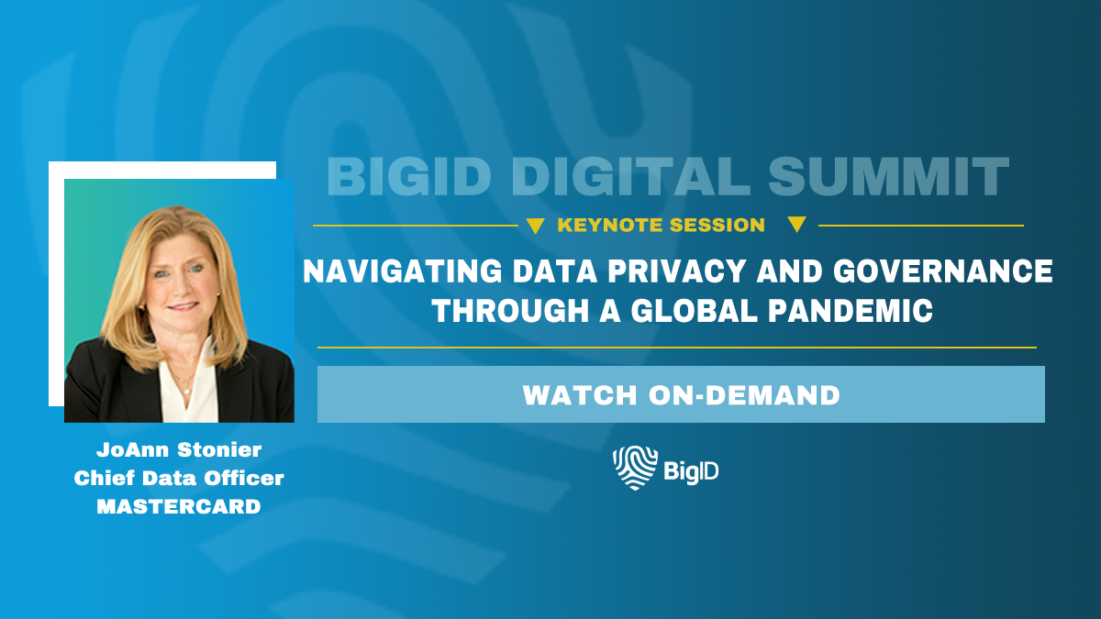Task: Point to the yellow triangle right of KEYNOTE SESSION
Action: pyautogui.click(x=796, y=225)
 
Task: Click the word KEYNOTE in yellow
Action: pyautogui.click(x=612, y=225)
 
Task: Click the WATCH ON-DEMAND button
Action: pyautogui.click(x=681, y=395)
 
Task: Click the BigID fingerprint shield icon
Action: pyautogui.click(x=634, y=468)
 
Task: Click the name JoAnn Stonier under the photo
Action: pyautogui.click(x=179, y=449)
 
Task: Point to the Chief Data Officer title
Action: pyautogui.click(x=179, y=478)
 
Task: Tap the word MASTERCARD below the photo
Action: pyautogui.click(x=179, y=506)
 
